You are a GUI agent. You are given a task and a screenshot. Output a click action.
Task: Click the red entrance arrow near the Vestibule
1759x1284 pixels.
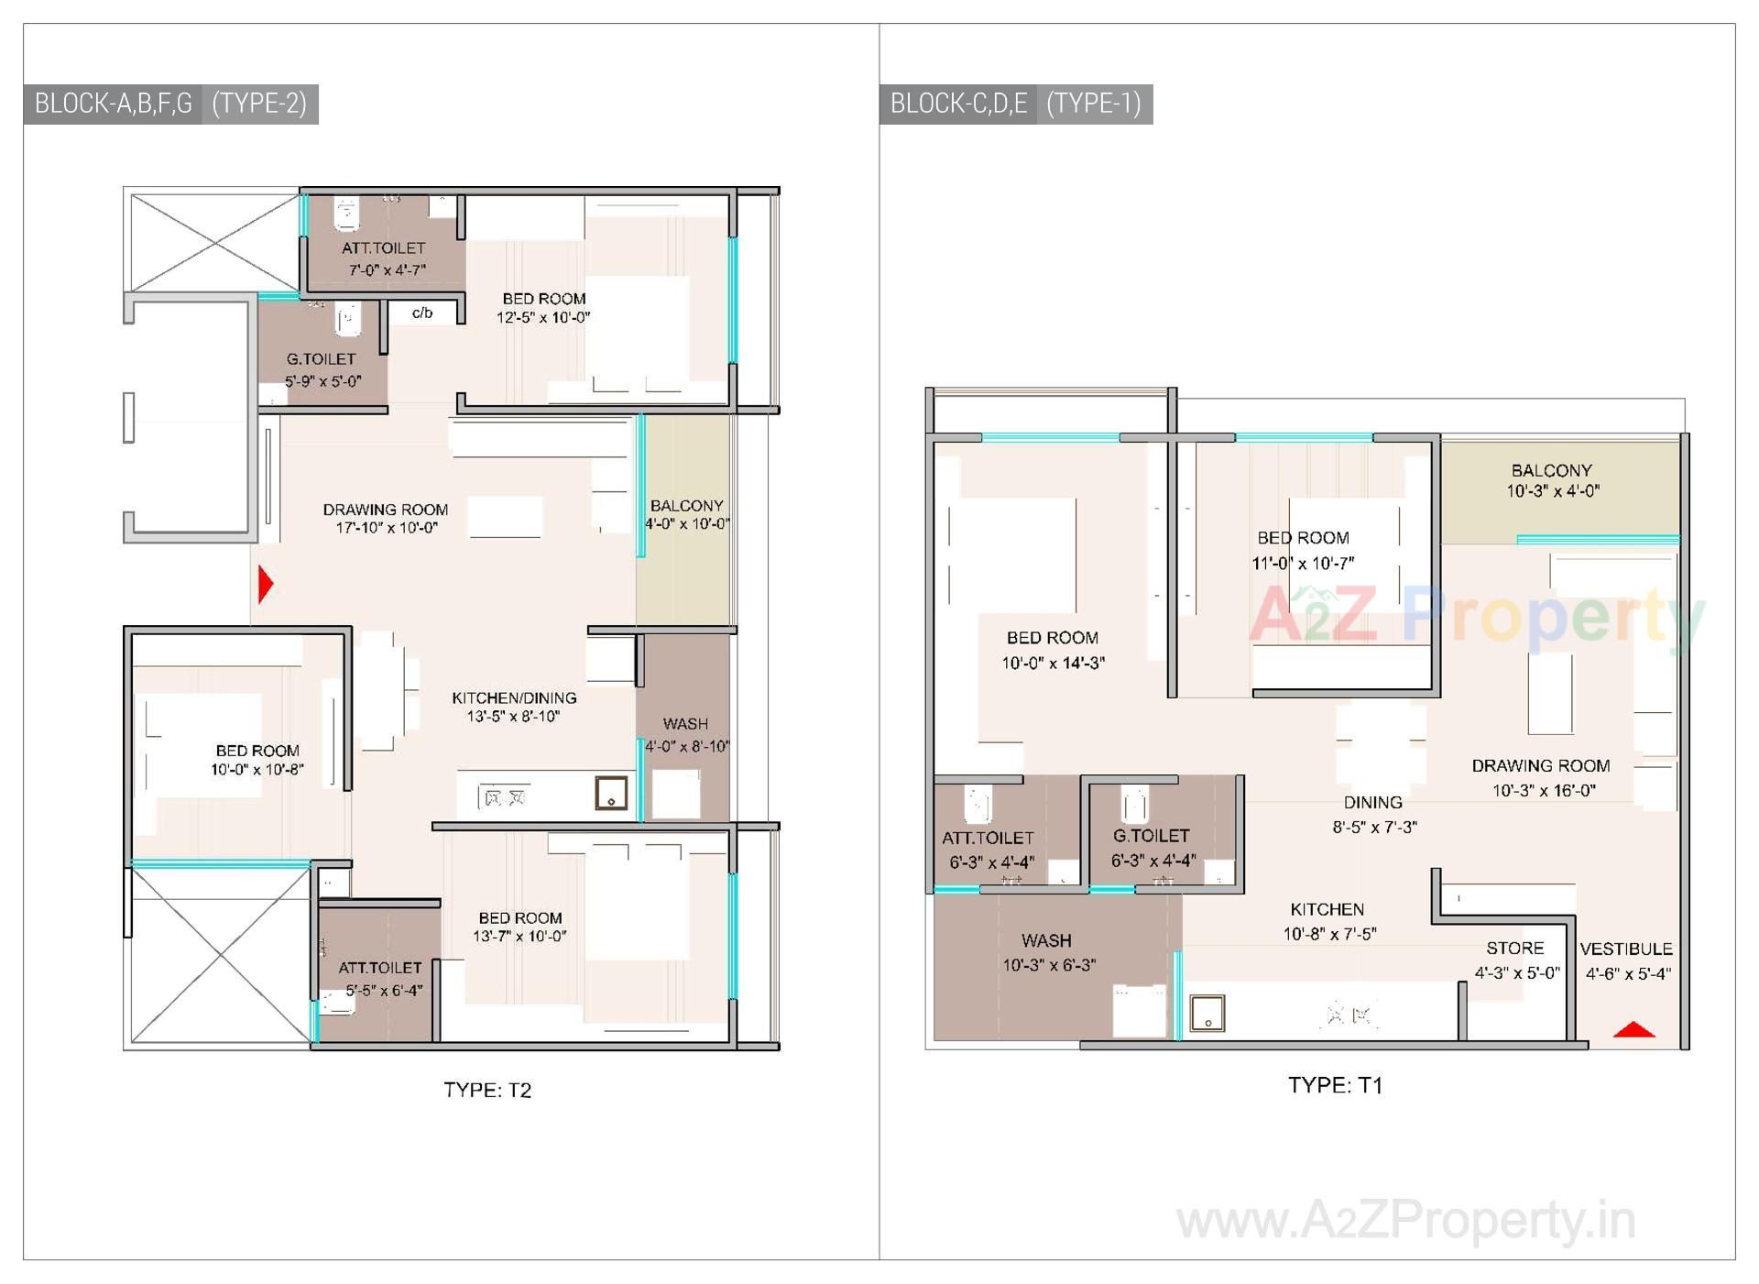pyautogui.click(x=1633, y=1030)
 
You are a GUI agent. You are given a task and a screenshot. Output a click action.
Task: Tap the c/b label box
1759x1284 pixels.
pyautogui.click(x=422, y=313)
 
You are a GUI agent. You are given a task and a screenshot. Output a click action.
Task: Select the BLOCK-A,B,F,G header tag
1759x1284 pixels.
pyautogui.click(x=113, y=104)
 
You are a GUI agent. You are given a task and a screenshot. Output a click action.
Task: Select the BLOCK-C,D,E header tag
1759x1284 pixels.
pyautogui.click(x=958, y=104)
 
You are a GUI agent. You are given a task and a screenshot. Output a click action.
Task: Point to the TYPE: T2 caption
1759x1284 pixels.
pyautogui.click(x=487, y=1090)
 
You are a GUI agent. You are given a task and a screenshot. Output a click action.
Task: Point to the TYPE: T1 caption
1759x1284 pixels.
pyautogui.click(x=1335, y=1085)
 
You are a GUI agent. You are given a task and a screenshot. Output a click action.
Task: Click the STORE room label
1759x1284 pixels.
pyautogui.click(x=1515, y=949)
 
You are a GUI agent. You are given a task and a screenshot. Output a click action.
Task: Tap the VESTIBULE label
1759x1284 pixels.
pyautogui.click(x=1626, y=949)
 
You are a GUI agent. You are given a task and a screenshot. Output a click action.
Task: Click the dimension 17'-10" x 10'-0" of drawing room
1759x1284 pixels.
pyautogui.click(x=387, y=528)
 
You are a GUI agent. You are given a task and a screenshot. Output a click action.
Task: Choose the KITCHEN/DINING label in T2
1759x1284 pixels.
pyautogui.click(x=514, y=698)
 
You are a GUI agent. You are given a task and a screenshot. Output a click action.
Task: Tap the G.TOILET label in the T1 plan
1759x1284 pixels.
pyautogui.click(x=1152, y=836)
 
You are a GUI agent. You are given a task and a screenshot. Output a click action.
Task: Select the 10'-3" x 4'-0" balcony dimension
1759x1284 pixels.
pyautogui.click(x=1553, y=491)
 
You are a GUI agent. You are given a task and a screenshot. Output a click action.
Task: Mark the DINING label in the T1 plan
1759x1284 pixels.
pyautogui.click(x=1372, y=803)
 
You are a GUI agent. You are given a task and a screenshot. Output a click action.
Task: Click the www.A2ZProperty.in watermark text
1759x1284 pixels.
pyautogui.click(x=1405, y=1221)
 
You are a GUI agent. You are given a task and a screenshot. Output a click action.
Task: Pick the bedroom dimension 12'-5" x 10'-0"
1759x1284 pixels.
pyautogui.click(x=543, y=318)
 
